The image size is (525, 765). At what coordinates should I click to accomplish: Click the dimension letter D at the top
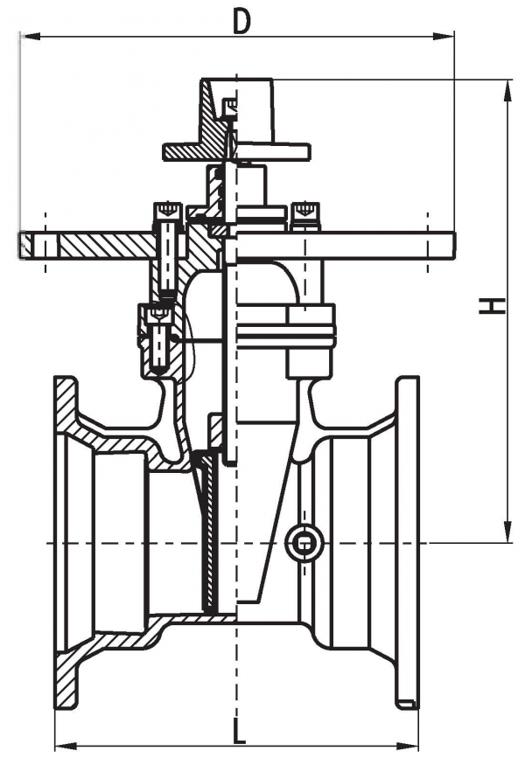[241, 22]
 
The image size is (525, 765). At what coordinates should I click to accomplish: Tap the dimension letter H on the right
[491, 306]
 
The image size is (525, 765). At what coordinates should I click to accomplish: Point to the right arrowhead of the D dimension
[444, 36]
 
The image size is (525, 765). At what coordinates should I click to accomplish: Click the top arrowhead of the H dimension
[508, 90]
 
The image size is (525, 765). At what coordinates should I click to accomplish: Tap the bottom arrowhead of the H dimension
[508, 532]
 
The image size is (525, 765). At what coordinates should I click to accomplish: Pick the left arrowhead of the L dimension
[65, 747]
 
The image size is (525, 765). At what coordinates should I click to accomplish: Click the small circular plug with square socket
[304, 543]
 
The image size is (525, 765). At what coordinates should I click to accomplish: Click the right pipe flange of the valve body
[408, 541]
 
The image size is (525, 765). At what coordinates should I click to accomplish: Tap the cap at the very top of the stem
[236, 112]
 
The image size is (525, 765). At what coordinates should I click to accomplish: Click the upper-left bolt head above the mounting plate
[169, 212]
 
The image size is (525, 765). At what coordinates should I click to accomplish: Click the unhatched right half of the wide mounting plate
[346, 246]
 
